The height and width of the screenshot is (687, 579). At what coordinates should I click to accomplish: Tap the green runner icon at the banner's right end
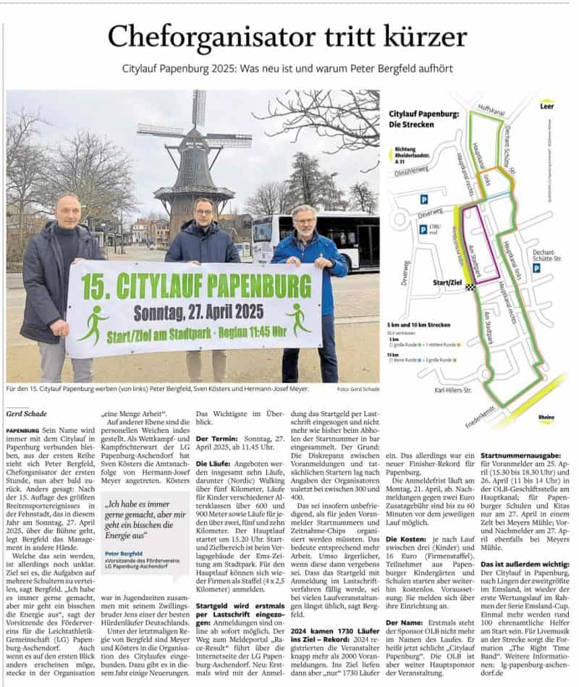(297, 318)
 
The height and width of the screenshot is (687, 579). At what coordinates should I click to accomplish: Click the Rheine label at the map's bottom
(546, 418)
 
